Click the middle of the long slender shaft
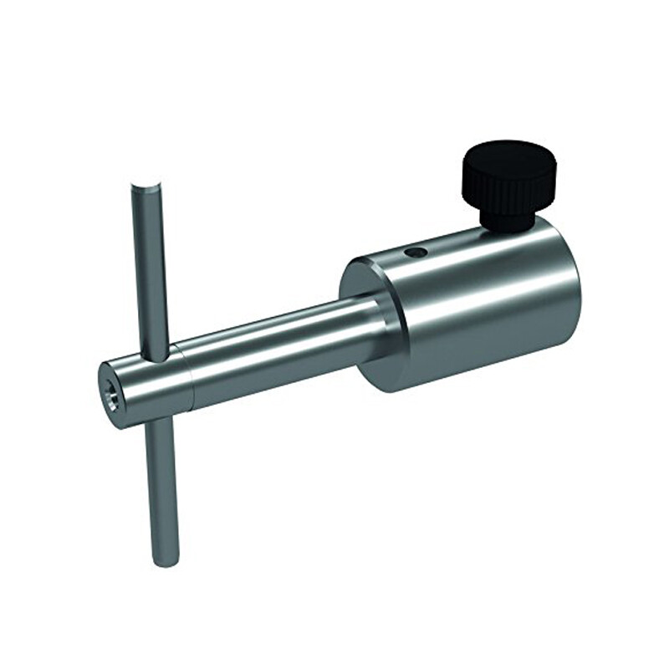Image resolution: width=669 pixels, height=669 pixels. coord(276,351)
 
